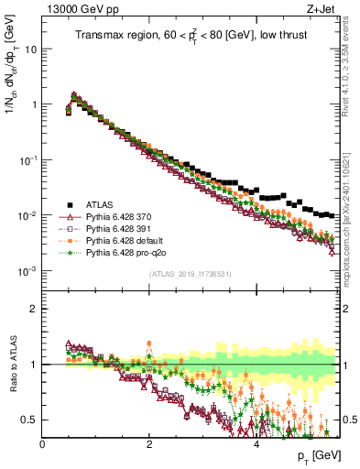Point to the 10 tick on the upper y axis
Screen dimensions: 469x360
point(30,49)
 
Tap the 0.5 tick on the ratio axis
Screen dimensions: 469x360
point(29,420)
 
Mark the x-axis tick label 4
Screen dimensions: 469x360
point(256,442)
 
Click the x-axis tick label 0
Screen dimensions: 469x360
point(43,442)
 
